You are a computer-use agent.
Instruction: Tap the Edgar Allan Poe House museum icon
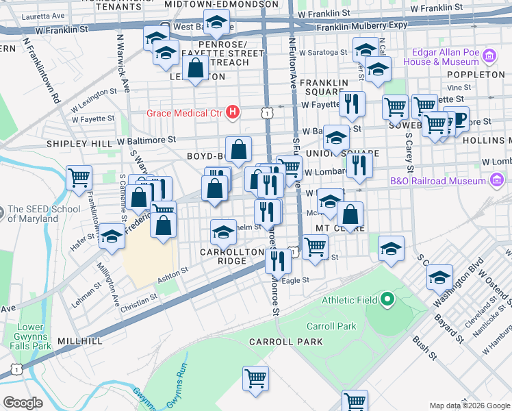489,55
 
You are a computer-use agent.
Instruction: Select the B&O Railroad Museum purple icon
498,181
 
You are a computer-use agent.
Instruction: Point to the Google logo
23,403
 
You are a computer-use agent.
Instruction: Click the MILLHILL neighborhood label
80,340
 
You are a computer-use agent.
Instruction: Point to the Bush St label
424,347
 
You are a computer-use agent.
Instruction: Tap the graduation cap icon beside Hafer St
112,236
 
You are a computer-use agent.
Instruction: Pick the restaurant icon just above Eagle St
278,260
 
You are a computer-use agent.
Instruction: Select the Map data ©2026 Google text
469,406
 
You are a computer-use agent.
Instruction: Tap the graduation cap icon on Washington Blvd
439,277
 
